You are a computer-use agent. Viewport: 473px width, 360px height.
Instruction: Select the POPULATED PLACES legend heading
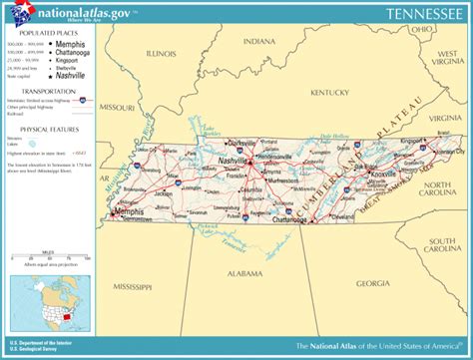pos(37,34)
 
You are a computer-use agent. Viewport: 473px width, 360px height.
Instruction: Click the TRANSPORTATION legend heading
pos(36,91)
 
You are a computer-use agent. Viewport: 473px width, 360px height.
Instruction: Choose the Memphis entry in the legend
pos(69,45)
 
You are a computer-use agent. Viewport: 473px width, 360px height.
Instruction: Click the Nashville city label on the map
pos(233,161)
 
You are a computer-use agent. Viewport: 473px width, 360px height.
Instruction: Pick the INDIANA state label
pos(257,42)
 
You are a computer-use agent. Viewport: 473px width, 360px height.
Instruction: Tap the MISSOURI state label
pos(118,106)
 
